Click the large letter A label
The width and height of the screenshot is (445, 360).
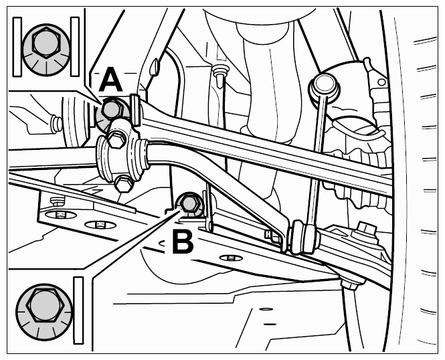click(111, 79)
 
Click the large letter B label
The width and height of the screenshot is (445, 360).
click(183, 242)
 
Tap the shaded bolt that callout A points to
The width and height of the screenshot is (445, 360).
click(111, 109)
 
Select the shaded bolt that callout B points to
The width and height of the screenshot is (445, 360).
click(189, 203)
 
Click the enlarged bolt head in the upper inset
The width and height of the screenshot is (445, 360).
click(46, 43)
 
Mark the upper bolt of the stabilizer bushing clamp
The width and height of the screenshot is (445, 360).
click(116, 139)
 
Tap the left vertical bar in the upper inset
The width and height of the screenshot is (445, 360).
click(17, 47)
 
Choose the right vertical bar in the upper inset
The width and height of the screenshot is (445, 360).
click(75, 47)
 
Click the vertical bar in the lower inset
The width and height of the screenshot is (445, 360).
click(78, 310)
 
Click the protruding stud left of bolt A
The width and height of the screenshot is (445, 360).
click(56, 124)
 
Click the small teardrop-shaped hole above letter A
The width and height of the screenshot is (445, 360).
click(154, 67)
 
